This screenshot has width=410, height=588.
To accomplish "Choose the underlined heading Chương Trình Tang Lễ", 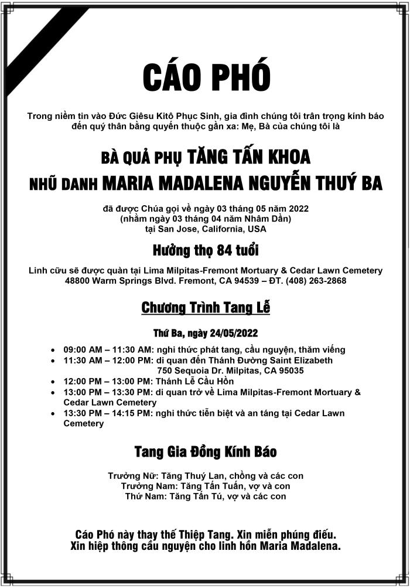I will (x=206, y=308).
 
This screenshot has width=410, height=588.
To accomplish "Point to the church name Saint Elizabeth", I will (x=300, y=361).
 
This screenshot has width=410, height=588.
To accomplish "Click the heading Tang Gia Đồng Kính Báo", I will (x=206, y=452).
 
